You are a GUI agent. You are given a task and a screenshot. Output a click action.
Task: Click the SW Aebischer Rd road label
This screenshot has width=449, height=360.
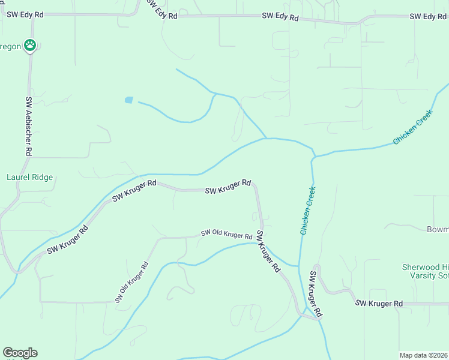pos(28,126)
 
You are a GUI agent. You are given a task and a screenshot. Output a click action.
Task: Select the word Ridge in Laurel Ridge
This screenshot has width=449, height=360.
pos(43,177)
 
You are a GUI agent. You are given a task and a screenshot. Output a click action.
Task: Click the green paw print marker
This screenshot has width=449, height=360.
pos(30,44)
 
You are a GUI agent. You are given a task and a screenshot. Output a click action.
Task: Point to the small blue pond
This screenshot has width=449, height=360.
pos(128,100)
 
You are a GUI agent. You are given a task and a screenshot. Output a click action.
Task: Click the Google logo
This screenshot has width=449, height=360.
pos(20,353)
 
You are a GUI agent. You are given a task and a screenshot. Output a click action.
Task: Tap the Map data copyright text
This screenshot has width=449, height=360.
pos(423,355)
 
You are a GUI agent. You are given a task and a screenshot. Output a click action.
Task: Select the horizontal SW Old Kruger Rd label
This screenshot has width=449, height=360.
pos(226,234)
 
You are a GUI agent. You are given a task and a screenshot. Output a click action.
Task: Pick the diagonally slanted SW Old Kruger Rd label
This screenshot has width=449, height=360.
pos(131,282)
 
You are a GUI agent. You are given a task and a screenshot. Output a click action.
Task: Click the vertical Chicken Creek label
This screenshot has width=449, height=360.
pos(308,210)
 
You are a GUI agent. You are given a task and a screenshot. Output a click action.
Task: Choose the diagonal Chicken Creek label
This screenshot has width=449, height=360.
pos(412,127)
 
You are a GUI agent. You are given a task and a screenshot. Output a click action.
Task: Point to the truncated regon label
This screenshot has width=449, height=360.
pos(10,46)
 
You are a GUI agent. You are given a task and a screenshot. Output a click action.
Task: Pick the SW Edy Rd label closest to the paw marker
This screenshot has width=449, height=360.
pos(24,13)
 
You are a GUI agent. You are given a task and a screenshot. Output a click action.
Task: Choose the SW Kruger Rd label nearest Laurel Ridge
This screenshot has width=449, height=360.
pos(68,238)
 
